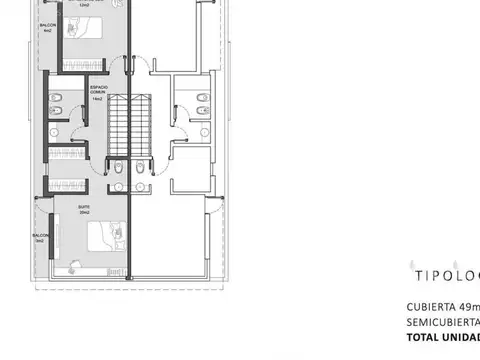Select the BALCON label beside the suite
point(40,239)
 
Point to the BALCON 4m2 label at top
point(48,26)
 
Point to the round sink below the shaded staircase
point(117,184)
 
